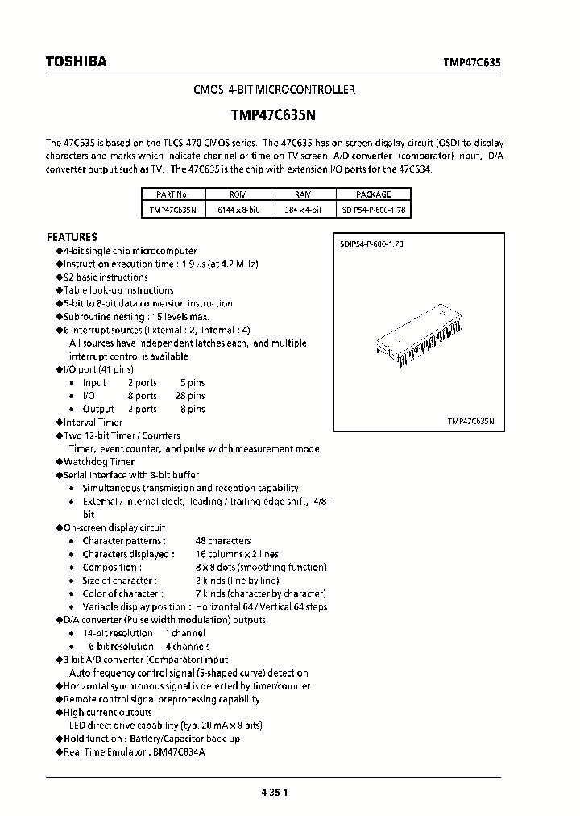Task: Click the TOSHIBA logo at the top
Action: coord(76,62)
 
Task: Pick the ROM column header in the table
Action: coord(238,194)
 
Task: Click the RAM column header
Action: coord(303,194)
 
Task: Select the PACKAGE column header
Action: coord(373,194)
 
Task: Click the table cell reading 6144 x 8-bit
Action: coord(238,210)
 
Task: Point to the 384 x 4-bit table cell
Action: coord(303,210)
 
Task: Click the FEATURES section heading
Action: coord(72,238)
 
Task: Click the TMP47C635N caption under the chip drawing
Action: coord(470,422)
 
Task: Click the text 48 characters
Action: coord(222,541)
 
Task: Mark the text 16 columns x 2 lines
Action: coord(237,554)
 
